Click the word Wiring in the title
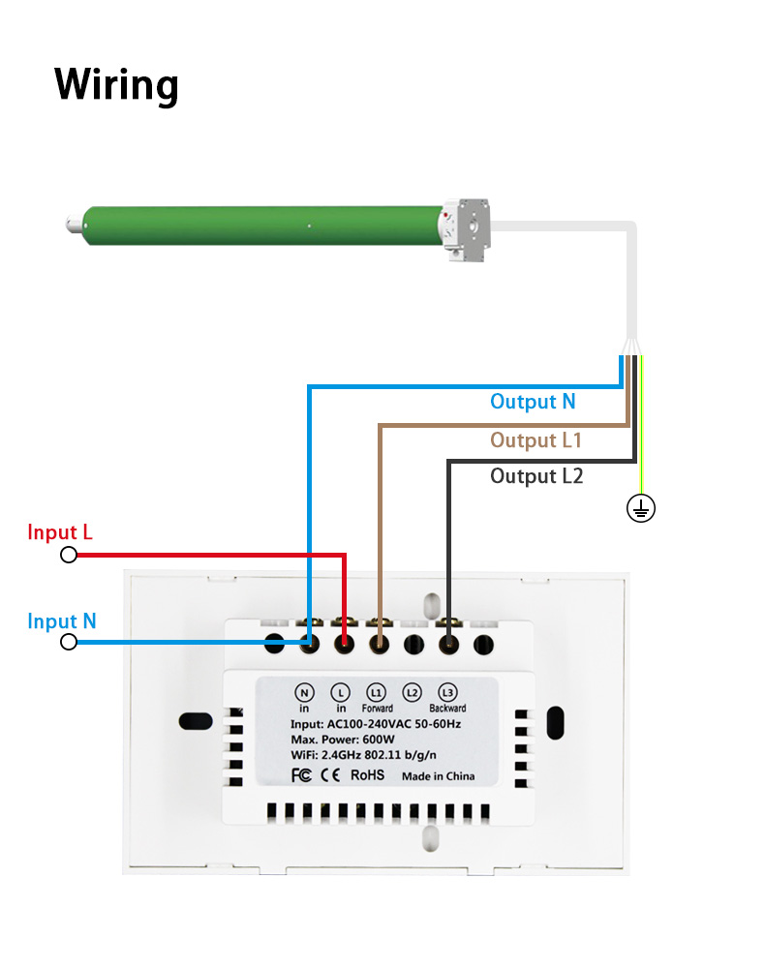point(116,84)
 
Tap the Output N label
point(533,402)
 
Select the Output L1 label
point(535,440)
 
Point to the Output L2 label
point(536,476)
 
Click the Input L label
point(60,532)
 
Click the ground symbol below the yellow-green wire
point(640,507)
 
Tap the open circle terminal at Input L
point(69,555)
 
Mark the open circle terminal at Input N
point(69,642)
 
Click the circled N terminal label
point(305,692)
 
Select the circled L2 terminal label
point(413,692)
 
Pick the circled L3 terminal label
point(447,692)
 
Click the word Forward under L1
point(377,709)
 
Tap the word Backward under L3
point(447,709)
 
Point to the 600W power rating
point(379,740)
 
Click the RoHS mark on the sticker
point(367,774)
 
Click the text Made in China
point(438,775)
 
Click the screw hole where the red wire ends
point(344,642)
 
